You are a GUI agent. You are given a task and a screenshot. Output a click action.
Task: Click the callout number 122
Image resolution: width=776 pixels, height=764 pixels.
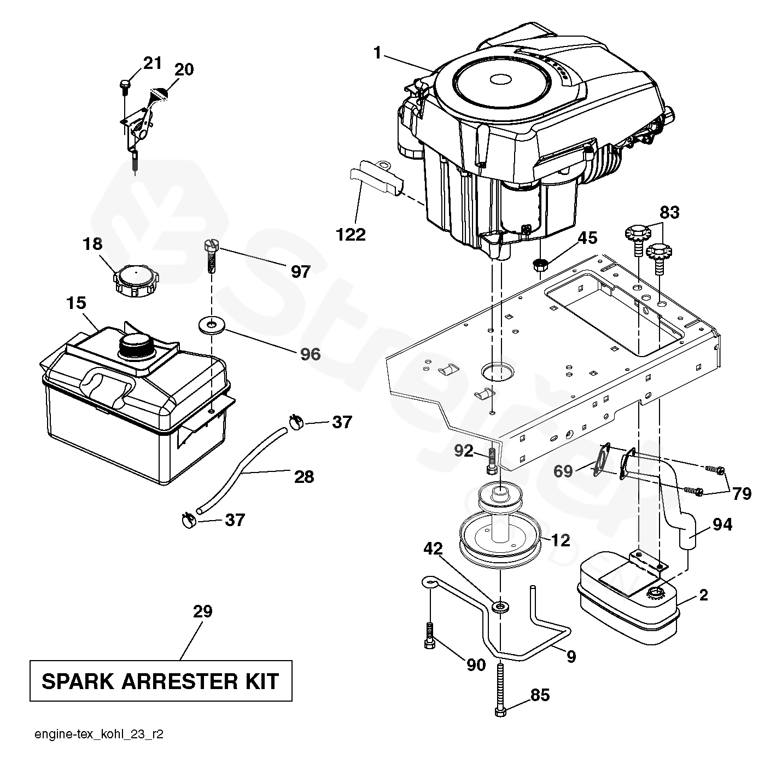tap(351, 235)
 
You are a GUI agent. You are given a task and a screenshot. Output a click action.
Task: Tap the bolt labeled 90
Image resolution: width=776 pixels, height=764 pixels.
tap(430, 636)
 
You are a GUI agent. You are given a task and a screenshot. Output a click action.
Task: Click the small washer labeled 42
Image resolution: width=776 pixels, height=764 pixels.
tap(500, 606)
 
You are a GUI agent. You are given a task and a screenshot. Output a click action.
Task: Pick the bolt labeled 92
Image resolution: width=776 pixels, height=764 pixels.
tap(491, 461)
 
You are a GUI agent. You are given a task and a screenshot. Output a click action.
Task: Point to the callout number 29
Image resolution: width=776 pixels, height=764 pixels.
tap(202, 611)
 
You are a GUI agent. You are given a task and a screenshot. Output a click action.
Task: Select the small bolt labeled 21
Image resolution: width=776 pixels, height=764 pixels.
tap(124, 84)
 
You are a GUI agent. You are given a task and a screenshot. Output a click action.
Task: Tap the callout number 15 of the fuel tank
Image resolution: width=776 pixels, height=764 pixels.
tap(77, 302)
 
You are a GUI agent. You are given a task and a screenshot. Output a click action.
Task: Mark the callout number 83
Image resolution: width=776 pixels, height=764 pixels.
tap(669, 212)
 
